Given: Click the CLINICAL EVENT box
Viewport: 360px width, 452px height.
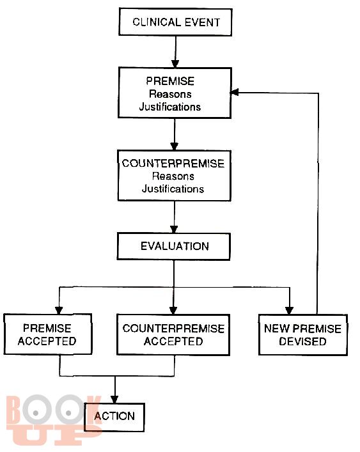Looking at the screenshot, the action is click(176, 22).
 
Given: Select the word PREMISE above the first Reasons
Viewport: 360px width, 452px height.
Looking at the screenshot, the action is click(170, 81).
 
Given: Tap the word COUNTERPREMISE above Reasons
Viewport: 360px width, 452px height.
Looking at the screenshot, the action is click(173, 164).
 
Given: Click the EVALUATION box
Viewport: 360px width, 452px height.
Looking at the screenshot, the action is click(174, 247).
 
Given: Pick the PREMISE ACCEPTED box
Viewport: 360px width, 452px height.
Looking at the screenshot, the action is click(47, 334).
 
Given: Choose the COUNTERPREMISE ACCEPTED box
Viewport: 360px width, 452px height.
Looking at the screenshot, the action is click(173, 334).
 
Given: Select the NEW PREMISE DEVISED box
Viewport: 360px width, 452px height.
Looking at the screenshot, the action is click(303, 334).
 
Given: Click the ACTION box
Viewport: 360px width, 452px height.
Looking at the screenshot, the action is click(114, 417).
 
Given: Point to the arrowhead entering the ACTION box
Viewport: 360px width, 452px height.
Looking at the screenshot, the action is click(114, 399).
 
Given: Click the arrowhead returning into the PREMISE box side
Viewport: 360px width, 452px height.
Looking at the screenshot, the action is click(235, 93).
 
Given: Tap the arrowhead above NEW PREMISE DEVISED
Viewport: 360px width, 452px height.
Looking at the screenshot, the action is click(289, 311).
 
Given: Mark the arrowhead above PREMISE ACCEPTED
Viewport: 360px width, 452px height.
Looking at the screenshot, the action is click(59, 310).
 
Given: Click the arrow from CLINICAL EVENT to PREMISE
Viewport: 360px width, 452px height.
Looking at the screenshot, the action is click(175, 52).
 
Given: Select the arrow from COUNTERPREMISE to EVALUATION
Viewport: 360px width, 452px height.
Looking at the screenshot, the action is click(174, 217).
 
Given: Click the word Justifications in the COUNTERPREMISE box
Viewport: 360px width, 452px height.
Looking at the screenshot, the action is click(173, 189).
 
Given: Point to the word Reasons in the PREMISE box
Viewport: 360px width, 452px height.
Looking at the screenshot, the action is click(170, 94).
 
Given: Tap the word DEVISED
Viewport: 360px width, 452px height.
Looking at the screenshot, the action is click(302, 341).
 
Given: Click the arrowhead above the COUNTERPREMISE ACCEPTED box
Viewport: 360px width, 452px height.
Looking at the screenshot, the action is click(173, 311).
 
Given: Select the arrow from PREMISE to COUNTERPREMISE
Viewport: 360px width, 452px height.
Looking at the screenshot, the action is click(175, 134).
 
